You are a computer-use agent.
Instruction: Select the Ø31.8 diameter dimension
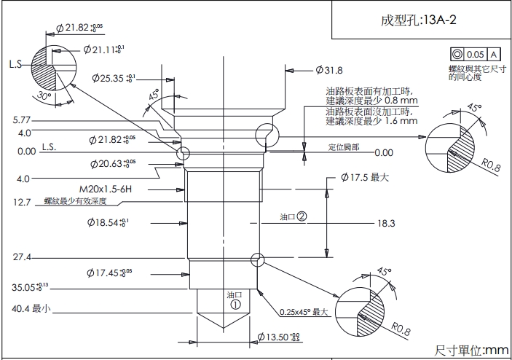(330, 70)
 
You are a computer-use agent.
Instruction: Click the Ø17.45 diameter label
(109, 273)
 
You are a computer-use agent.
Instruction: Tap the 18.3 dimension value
(386, 223)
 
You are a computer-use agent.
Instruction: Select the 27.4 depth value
(21, 257)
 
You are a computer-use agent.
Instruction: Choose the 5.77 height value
(22, 120)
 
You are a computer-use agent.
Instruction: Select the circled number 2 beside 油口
(301, 216)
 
